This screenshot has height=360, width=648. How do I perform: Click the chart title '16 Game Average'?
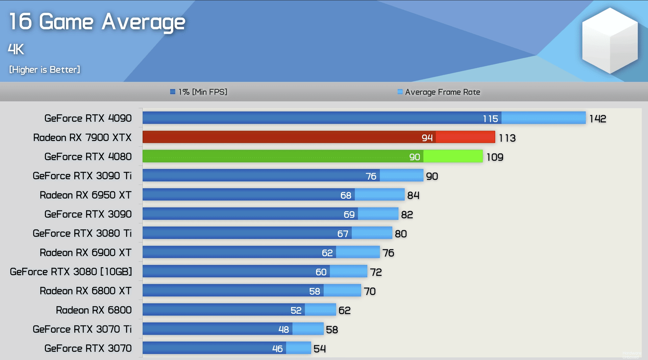click(x=97, y=22)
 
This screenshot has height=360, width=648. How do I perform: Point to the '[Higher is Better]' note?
click(x=45, y=70)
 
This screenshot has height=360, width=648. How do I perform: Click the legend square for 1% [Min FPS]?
click(x=173, y=92)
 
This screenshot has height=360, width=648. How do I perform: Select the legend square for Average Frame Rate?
click(x=400, y=92)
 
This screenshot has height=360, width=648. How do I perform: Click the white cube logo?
click(x=610, y=41)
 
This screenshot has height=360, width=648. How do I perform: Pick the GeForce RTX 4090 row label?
click(x=88, y=118)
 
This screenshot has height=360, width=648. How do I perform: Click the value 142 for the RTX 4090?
click(x=598, y=119)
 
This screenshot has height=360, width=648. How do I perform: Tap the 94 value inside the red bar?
click(x=427, y=138)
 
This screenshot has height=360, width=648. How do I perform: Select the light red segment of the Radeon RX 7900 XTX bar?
click(x=465, y=137)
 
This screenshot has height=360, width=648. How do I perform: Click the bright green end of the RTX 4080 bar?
click(x=453, y=157)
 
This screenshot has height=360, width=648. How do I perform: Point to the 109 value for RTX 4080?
click(x=495, y=157)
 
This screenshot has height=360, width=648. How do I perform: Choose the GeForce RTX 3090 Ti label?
click(x=82, y=176)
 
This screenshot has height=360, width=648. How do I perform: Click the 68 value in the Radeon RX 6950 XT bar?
click(x=346, y=195)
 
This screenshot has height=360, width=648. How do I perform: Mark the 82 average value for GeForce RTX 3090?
click(x=407, y=215)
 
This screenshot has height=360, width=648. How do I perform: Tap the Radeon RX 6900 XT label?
click(x=85, y=253)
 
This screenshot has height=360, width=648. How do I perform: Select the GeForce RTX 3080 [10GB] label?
click(x=71, y=272)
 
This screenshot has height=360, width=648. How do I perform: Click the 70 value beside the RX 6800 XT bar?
click(x=370, y=291)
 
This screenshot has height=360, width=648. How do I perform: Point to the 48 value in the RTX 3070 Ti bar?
click(x=283, y=330)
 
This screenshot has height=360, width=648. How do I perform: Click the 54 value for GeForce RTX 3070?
click(x=320, y=349)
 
